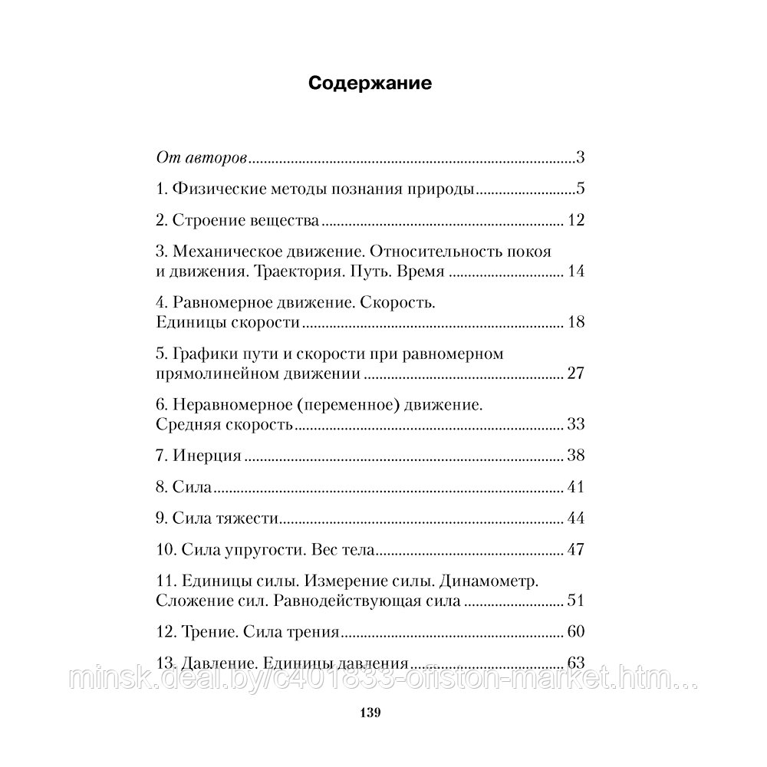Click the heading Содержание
click(370, 84)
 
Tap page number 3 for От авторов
click(581, 159)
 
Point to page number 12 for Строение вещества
click(576, 221)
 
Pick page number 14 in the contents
click(576, 272)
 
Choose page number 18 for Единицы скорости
click(576, 322)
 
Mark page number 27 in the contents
click(576, 374)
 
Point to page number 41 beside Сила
click(576, 488)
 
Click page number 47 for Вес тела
click(576, 550)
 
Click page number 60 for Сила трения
click(576, 633)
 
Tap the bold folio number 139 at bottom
click(370, 713)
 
